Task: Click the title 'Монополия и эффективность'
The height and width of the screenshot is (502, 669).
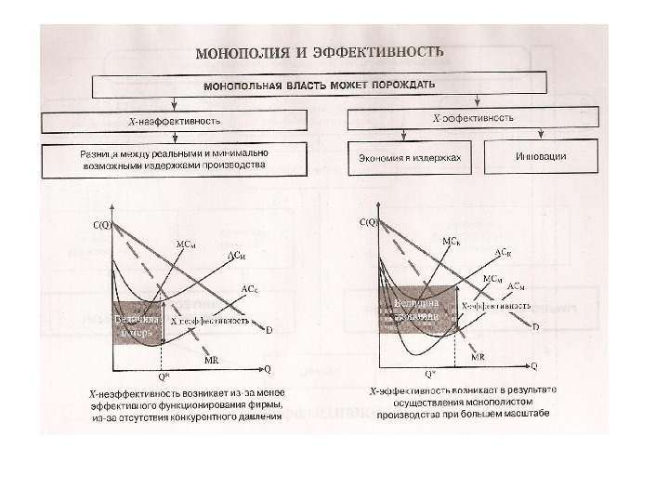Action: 319,53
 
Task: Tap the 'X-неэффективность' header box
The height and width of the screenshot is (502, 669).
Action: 173,122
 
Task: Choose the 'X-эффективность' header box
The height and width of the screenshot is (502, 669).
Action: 474,119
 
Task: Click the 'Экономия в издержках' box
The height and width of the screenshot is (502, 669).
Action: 410,157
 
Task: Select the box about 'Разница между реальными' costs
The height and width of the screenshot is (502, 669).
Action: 173,160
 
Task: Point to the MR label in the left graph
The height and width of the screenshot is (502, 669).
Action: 212,359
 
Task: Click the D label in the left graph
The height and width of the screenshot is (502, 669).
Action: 269,330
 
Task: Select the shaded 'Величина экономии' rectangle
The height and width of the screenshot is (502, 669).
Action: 414,308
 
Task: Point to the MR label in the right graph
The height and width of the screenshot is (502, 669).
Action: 478,357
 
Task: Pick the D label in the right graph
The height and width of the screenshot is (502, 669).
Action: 535,326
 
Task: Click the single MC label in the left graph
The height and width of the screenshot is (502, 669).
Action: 186,244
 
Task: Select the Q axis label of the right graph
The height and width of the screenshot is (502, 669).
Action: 533,366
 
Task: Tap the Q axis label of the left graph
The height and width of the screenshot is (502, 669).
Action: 268,368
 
